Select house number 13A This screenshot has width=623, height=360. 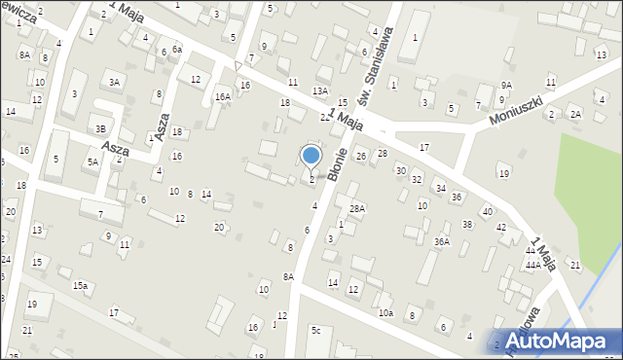tap(319, 90)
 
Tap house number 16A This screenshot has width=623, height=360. tap(223, 96)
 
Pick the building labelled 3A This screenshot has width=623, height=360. tap(115, 83)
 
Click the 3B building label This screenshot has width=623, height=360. tap(100, 128)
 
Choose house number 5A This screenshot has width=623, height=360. tap(92, 162)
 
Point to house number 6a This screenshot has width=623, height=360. tap(176, 49)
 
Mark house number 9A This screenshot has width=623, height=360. tap(506, 86)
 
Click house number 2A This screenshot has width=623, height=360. tap(575, 115)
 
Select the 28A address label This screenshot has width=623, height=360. tap(357, 208)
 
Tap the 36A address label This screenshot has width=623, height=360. tap(442, 241)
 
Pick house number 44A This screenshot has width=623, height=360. tap(532, 265)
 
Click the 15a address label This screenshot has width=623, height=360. tap(81, 285)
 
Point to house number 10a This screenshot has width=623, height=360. tap(385, 312)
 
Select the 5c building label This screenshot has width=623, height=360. tap(315, 331)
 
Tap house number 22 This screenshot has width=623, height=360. tap(325, 117)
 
